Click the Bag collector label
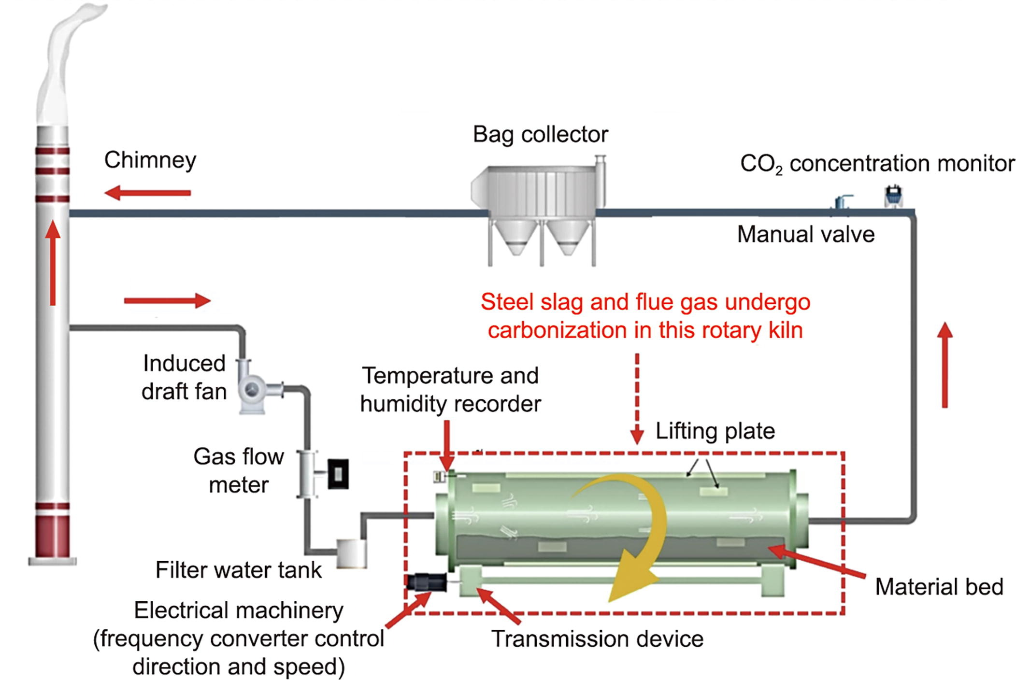[540, 135]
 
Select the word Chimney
[150, 160]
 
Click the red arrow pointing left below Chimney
[147, 193]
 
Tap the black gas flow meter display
[338, 474]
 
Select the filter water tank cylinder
[351, 552]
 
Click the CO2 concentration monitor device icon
[893, 197]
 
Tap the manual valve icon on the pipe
[841, 202]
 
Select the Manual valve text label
[805, 235]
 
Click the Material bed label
[939, 587]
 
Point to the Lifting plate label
[715, 431]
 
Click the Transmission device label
[597, 639]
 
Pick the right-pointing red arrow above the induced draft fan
[167, 300]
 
